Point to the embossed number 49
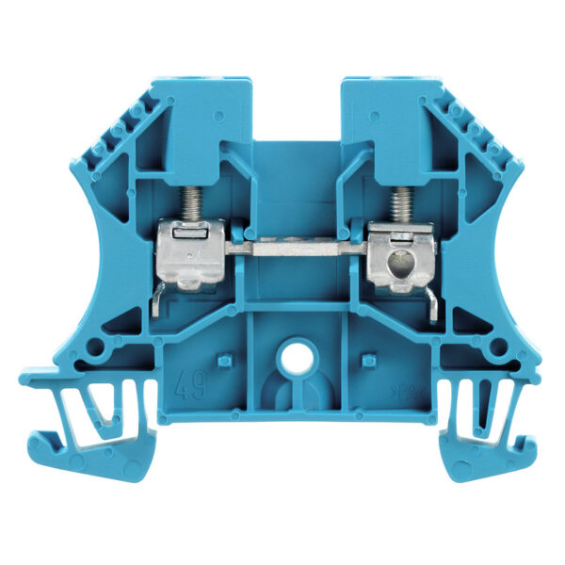pos(188,386)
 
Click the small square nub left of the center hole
pos(224,360)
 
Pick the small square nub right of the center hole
pos(370,359)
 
